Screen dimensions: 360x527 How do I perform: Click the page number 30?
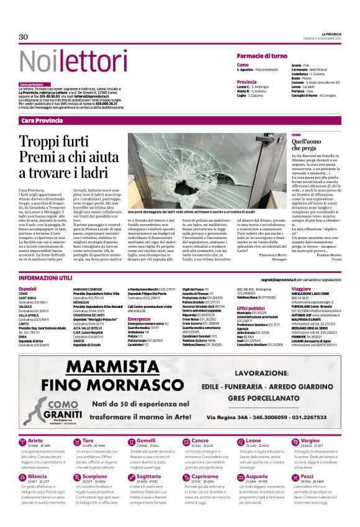[24, 37]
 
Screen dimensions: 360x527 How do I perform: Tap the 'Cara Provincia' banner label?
[42, 120]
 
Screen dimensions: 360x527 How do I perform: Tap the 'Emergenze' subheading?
[139, 319]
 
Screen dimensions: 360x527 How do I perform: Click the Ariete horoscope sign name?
[36, 440]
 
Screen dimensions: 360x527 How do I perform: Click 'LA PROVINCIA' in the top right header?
[331, 34]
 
